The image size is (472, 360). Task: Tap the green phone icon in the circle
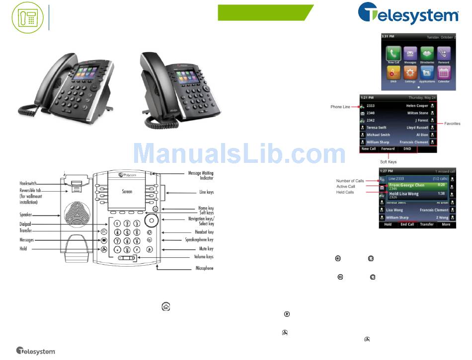[x=28, y=17]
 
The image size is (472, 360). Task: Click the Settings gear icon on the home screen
[x=410, y=73]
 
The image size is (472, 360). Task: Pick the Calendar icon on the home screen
[x=444, y=73]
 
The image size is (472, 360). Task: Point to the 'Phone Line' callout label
[x=340, y=107]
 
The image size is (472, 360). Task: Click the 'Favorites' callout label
[x=452, y=124]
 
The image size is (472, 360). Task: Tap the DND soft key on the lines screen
[x=407, y=149]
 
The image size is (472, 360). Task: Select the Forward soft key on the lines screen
[x=388, y=149]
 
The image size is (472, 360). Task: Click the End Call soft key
[x=407, y=224]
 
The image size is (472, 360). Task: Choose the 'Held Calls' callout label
[x=345, y=192]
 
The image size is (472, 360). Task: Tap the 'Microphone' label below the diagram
[x=204, y=269]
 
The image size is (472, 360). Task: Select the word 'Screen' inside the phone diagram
[x=127, y=191]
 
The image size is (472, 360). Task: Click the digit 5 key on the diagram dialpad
[x=127, y=232]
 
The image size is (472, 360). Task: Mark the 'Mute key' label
[x=204, y=249]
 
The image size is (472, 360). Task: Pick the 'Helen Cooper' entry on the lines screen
[x=417, y=106]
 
